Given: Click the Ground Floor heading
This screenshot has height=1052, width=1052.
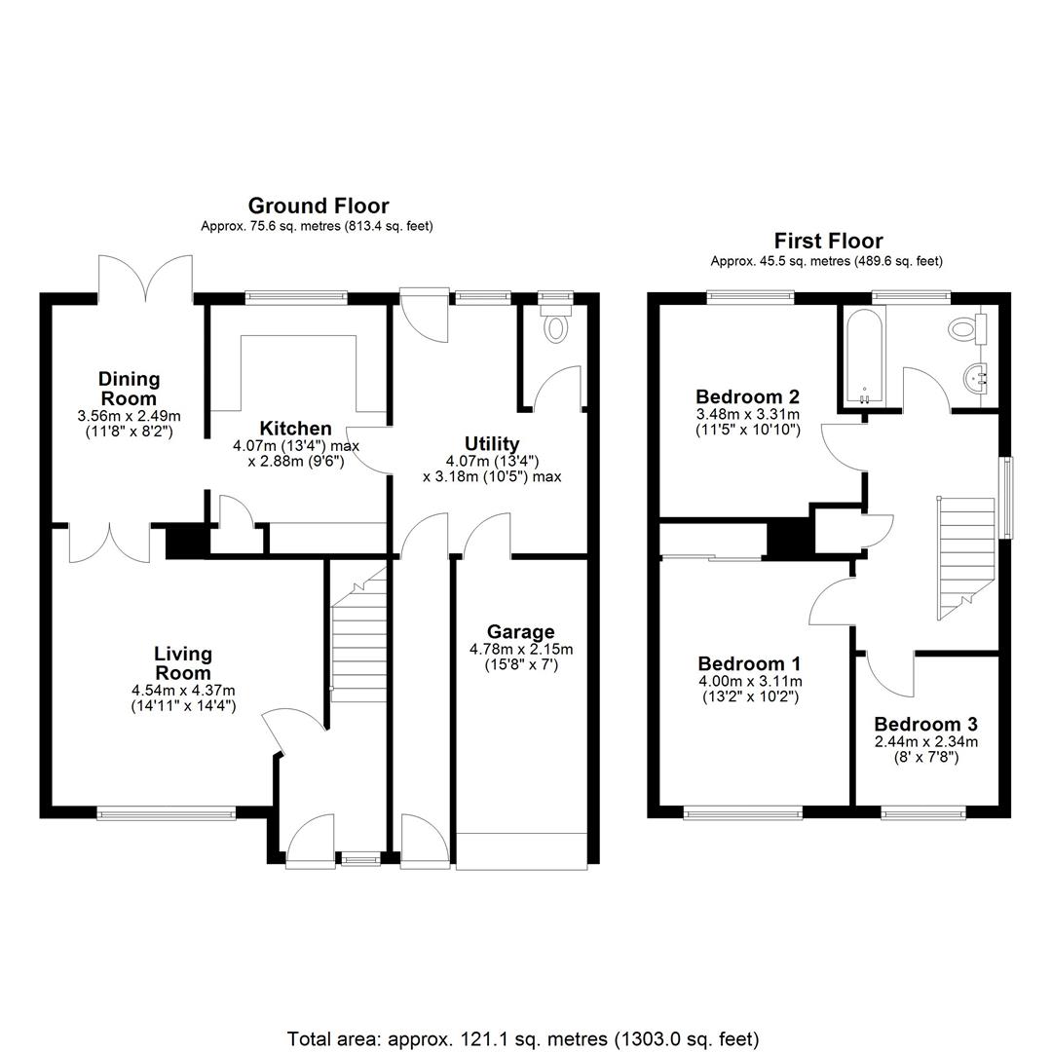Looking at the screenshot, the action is [x=319, y=206].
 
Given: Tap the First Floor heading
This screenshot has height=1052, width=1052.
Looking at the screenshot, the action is [x=829, y=241].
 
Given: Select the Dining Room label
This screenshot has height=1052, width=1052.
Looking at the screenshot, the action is [x=129, y=389].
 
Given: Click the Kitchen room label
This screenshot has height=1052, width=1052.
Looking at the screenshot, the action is [x=295, y=428].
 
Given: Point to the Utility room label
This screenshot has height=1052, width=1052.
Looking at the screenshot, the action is [x=492, y=443].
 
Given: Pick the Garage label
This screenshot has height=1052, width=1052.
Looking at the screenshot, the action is [x=520, y=631].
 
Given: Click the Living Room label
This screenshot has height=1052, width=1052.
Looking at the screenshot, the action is [x=182, y=663].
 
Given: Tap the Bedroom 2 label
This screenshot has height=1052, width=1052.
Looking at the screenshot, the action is [x=747, y=396].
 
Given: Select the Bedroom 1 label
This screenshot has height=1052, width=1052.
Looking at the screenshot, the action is [x=749, y=663].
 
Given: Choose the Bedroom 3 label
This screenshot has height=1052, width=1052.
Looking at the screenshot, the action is [x=926, y=724].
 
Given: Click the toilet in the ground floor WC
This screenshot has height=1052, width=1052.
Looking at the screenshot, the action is [x=555, y=321].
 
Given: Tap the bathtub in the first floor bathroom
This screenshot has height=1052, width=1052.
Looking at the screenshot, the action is [x=863, y=357].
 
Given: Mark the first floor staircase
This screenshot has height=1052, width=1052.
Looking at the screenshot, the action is [x=965, y=558].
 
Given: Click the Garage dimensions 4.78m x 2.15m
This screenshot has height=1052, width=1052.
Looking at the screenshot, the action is [x=520, y=649].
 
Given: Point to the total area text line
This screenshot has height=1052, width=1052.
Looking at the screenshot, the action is [x=523, y=1038].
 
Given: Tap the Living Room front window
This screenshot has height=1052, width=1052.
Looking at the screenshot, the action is [x=167, y=813].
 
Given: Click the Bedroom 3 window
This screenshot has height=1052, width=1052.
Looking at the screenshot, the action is [x=923, y=813].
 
